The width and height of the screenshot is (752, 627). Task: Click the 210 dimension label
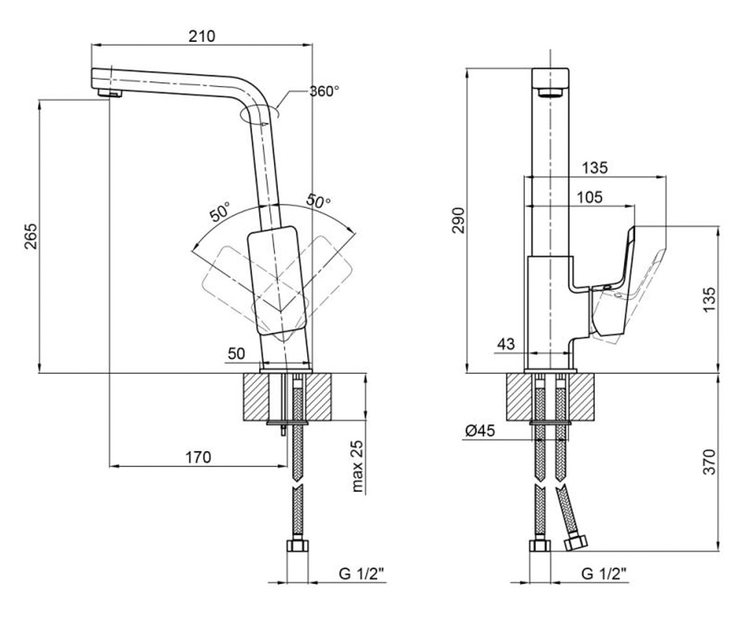point(202,36)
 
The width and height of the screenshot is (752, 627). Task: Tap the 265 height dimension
point(31,236)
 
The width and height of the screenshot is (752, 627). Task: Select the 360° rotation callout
point(324,91)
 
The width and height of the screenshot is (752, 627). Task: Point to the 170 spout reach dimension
point(198,457)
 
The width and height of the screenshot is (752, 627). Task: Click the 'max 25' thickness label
point(358,466)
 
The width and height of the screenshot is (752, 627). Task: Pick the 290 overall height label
point(459,220)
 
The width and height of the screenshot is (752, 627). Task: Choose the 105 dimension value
point(590,197)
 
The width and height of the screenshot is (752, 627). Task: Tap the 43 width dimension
point(506,344)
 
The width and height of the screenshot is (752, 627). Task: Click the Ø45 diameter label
point(480,431)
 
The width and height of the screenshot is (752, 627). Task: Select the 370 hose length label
point(709,461)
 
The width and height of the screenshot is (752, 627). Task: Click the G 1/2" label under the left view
point(362,574)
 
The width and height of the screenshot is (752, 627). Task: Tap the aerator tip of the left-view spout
point(110,93)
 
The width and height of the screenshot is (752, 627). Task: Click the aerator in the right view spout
point(550,92)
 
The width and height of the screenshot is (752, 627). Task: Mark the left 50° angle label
point(220,211)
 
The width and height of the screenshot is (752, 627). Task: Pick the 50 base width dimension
point(236,354)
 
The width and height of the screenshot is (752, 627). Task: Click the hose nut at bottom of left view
point(298,545)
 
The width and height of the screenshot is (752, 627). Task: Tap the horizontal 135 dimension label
point(595,167)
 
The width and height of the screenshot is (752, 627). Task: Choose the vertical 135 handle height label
point(709,300)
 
